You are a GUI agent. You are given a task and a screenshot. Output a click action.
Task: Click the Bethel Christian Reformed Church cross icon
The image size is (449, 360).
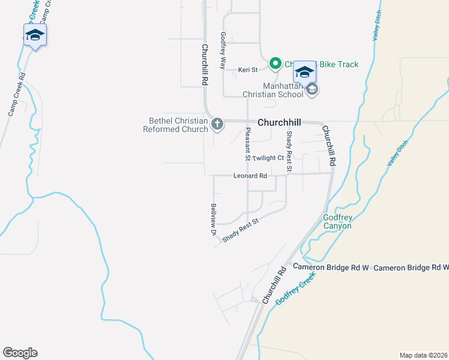217,124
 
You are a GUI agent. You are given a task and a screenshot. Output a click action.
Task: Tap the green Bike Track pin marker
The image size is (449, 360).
276,63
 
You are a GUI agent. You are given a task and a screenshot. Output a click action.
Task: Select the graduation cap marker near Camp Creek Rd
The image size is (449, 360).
35,35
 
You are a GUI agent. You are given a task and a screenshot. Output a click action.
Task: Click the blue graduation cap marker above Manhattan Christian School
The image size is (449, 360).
304,73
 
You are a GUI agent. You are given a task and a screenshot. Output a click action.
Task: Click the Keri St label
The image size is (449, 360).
248,70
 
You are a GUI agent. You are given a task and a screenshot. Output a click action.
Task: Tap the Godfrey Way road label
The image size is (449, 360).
223,50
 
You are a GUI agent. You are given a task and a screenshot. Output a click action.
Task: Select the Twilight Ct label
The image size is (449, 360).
268,158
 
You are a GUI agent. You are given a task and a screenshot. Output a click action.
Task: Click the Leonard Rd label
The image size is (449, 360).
250,176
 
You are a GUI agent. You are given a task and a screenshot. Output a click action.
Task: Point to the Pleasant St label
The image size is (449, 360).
247,145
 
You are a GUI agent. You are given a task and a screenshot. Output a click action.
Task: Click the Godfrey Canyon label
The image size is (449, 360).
337,221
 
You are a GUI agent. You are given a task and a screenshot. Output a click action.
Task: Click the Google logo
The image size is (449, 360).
20,353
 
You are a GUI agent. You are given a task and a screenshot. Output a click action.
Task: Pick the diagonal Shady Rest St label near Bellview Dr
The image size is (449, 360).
240,230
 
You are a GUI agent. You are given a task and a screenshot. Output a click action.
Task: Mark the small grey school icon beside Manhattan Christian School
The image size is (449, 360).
312,90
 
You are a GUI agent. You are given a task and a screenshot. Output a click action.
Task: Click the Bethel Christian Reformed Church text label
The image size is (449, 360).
175,125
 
